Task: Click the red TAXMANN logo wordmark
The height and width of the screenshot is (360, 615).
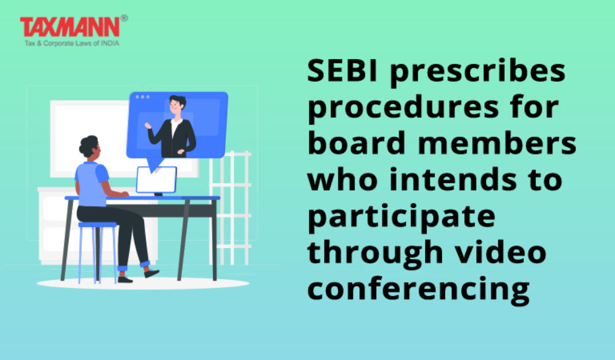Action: pyautogui.click(x=70, y=27)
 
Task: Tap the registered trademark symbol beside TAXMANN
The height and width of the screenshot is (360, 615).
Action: pyautogui.click(x=124, y=18)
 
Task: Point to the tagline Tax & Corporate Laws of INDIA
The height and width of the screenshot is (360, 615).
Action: pyautogui.click(x=72, y=44)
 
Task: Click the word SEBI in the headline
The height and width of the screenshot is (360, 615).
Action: pyautogui.click(x=342, y=71)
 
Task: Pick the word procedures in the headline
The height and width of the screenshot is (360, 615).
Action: pyautogui.click(x=402, y=110)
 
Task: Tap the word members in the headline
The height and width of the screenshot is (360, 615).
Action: pyautogui.click(x=497, y=143)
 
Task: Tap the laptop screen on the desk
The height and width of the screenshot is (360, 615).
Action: pyautogui.click(x=156, y=180)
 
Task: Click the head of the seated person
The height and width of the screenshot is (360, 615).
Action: pyautogui.click(x=90, y=147)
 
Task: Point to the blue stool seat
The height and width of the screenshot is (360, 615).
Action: pyautogui.click(x=98, y=225)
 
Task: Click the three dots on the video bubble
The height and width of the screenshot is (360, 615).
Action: pyautogui.click(x=143, y=97)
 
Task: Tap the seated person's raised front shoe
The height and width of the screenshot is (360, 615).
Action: pyautogui.click(x=151, y=273)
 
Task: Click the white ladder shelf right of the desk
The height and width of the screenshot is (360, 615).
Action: pyautogui.click(x=230, y=208)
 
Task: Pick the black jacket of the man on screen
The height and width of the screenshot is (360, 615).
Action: pyautogui.click(x=172, y=139)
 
